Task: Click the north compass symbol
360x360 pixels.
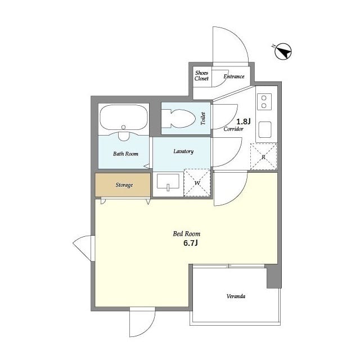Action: pos(283,51)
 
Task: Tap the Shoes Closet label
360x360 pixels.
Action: pos(201,76)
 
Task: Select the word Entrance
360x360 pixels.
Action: pos(234,76)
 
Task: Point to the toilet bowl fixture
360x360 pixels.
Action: pos(178,119)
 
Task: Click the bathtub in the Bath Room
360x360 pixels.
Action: pos(124,118)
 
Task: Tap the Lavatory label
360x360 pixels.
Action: pos(183,151)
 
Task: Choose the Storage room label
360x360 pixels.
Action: pos(124,185)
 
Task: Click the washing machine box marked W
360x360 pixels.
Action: pos(197,183)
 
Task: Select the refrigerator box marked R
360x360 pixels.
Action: pos(264,157)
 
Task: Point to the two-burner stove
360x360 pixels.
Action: pos(264,101)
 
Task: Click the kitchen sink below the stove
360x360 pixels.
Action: pos(265,130)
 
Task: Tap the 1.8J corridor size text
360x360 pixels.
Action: pos(244,121)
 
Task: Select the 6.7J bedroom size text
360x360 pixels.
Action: pos(191,243)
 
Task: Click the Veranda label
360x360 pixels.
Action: pos(236,296)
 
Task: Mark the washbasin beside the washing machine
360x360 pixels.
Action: pos(168,182)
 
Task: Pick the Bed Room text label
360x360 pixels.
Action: pos(186,234)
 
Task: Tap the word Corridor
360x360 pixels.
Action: pos(233,129)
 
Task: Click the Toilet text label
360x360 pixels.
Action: pos(203,119)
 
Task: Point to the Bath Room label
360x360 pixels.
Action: pos(125,154)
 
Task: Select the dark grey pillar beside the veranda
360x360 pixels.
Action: pos(274,276)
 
